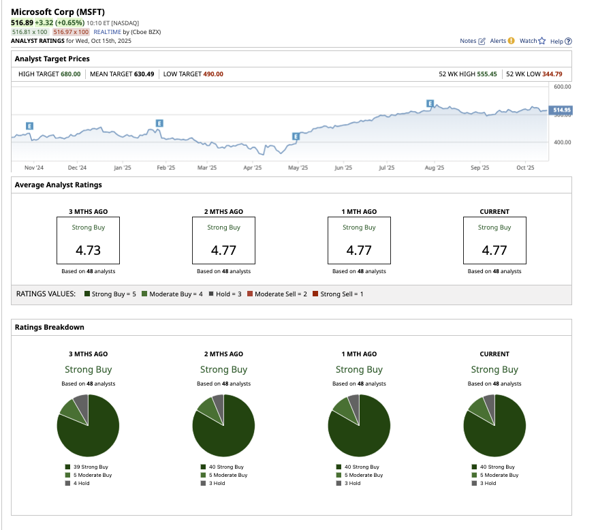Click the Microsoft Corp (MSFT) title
[57, 12]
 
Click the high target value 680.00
[70, 74]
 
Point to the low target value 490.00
[213, 74]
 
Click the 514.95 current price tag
[562, 110]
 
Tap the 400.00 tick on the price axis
[562, 142]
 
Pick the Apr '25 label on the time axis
[252, 168]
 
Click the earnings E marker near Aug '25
[430, 103]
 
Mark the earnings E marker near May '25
[296, 136]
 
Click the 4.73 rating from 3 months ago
[88, 250]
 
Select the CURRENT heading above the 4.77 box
[494, 211]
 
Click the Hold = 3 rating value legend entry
[227, 294]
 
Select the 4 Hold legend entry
[82, 483]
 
